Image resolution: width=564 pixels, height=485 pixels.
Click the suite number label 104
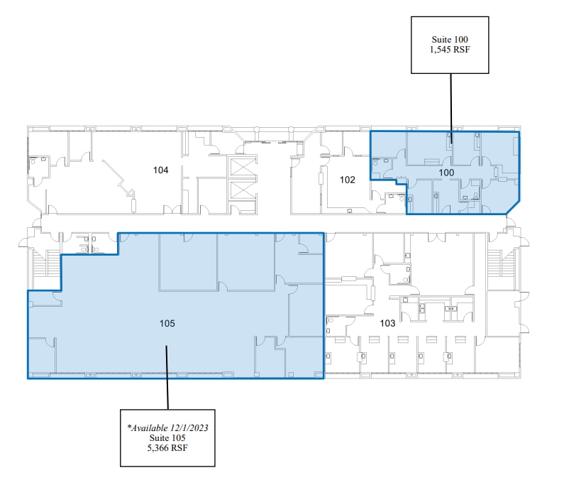tap(161, 170)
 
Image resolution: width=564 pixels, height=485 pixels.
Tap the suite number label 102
tap(347, 180)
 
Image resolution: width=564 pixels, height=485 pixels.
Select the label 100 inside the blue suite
tap(446, 173)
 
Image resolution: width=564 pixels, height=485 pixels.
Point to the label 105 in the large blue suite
tap(167, 323)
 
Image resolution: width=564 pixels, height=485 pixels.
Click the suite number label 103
tap(387, 323)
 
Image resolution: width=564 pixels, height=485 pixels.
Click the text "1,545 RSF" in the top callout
tap(450, 51)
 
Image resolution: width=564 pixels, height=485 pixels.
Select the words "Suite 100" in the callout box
tap(450, 40)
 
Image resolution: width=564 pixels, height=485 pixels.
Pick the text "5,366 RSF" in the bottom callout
tap(167, 449)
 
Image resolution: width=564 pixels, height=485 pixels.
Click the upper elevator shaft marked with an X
tap(240, 167)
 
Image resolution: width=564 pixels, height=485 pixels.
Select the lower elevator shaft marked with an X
tap(240, 193)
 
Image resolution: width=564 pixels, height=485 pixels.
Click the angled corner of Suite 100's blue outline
tap(512, 207)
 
